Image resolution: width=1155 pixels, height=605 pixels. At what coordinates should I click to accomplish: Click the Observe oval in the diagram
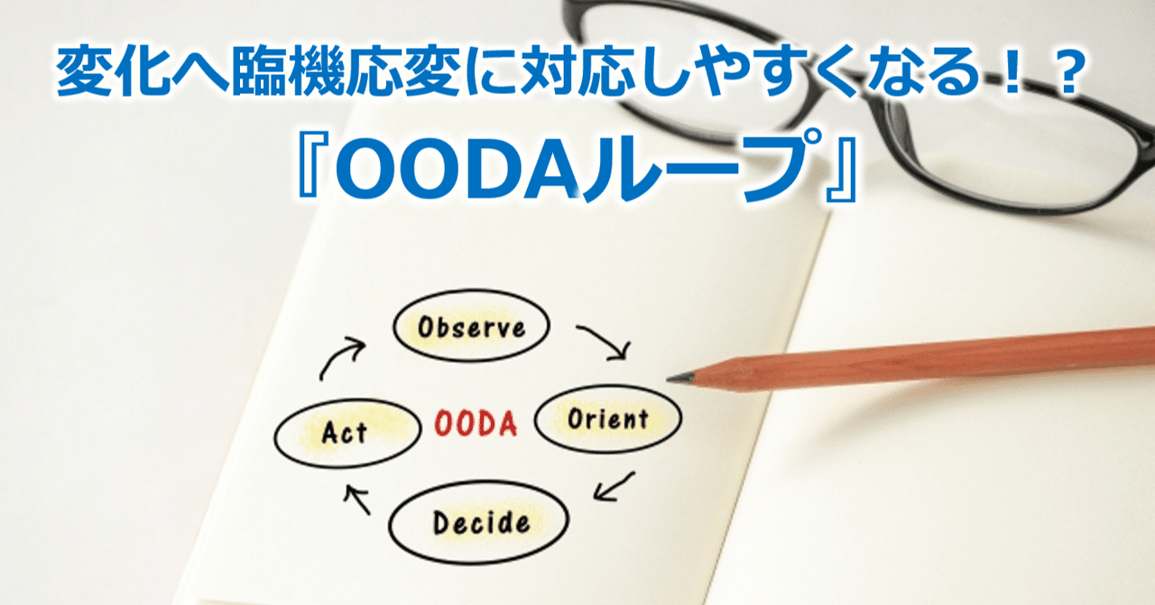tap(471, 328)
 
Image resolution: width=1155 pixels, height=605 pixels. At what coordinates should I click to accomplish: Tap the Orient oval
tap(608, 419)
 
